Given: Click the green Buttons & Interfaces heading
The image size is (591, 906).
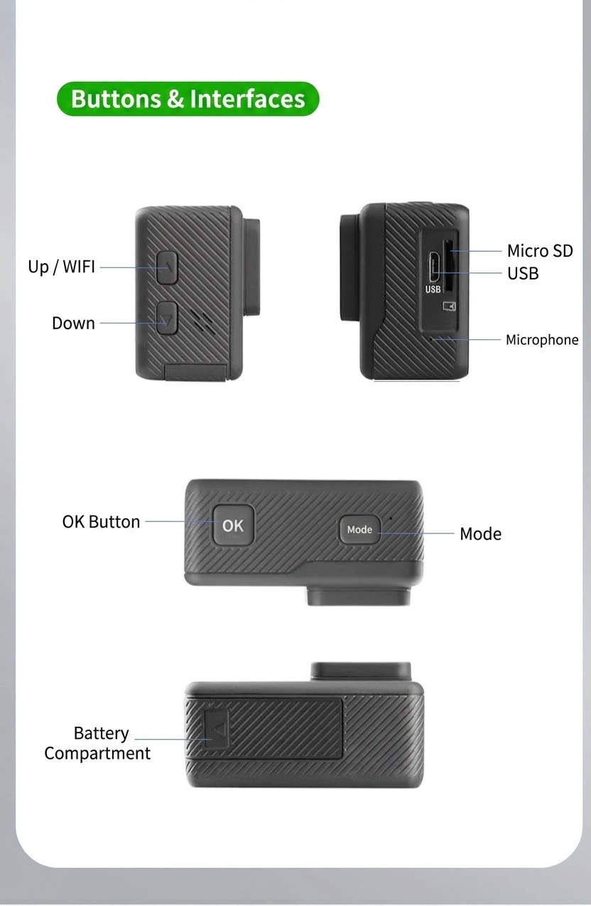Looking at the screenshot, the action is [188, 99].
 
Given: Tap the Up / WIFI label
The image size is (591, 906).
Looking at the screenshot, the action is [61, 267].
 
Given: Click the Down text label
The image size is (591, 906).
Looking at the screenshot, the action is [74, 323].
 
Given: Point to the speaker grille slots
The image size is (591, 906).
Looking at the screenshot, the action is [202, 322].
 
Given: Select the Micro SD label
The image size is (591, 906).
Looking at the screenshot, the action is [540, 251].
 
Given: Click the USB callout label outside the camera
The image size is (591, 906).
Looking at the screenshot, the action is [523, 273].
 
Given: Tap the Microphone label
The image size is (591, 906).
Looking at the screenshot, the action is [542, 340].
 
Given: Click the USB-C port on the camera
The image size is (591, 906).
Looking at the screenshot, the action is [434, 267].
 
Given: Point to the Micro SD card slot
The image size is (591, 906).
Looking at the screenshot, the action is [448, 266].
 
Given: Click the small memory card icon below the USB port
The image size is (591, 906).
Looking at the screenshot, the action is [449, 307].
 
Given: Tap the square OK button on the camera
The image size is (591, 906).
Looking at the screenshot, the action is [234, 525].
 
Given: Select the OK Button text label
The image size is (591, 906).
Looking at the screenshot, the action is [101, 522].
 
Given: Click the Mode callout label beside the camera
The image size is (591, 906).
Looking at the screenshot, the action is [481, 534].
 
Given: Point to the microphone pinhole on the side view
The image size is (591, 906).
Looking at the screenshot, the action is [430, 339].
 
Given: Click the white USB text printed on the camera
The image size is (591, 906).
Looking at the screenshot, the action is [433, 289].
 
